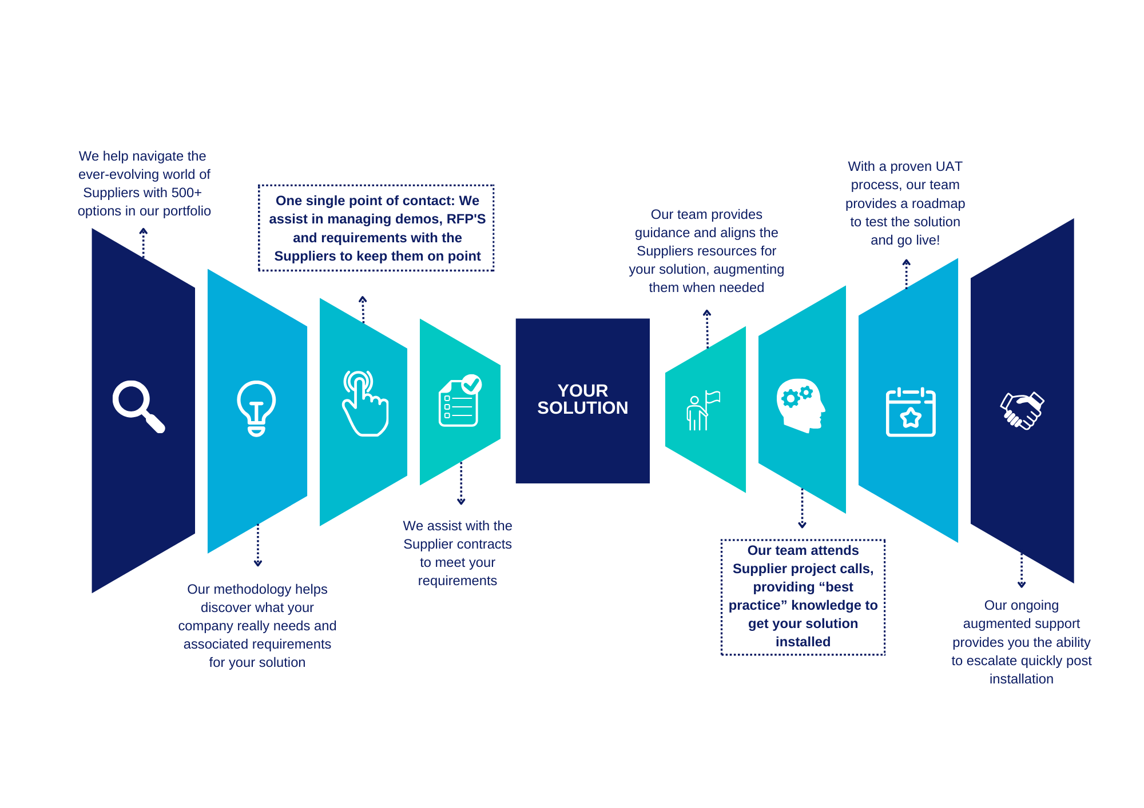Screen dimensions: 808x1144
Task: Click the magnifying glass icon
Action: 138,406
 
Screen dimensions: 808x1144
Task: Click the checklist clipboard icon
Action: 460,401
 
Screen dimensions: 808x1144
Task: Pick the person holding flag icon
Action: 702,410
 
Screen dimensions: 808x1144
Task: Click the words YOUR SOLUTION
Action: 582,399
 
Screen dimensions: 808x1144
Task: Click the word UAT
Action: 950,166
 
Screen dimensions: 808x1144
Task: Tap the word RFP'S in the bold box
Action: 466,219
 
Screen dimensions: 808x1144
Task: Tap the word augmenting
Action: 749,269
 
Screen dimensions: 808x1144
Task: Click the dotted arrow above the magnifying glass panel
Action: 144,243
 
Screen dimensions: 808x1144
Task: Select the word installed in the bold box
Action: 803,642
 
